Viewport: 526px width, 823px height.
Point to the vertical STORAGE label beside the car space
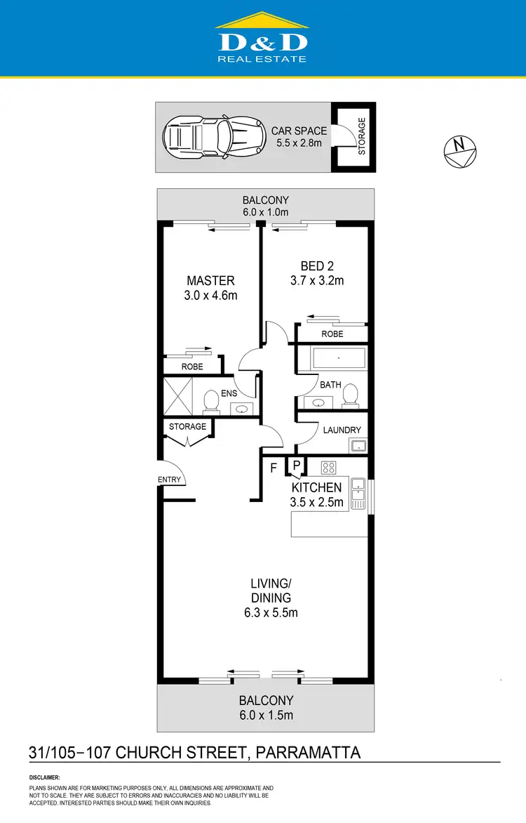coord(362,136)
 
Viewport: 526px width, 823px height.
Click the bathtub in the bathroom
coord(338,360)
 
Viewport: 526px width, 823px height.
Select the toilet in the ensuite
coord(210,401)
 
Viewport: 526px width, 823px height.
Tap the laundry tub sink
coord(358,445)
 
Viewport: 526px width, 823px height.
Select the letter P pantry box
coord(297,465)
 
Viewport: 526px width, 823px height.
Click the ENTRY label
coord(169,480)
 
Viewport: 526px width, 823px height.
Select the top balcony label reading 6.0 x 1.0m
coord(265,211)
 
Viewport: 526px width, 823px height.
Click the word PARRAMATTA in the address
coord(309,753)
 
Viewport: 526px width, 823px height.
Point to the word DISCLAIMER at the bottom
coord(44,778)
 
